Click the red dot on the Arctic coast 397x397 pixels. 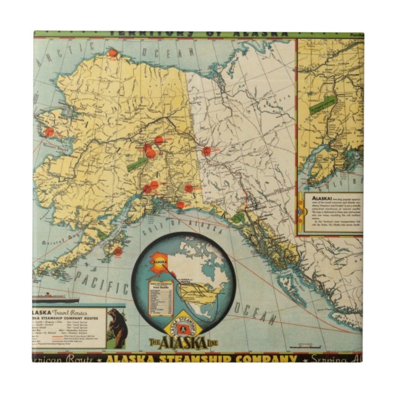[x=112, y=53]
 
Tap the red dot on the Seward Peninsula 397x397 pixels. [x=49, y=131]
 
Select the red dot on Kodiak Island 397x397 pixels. [x=117, y=251]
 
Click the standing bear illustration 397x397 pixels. [x=115, y=326]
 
